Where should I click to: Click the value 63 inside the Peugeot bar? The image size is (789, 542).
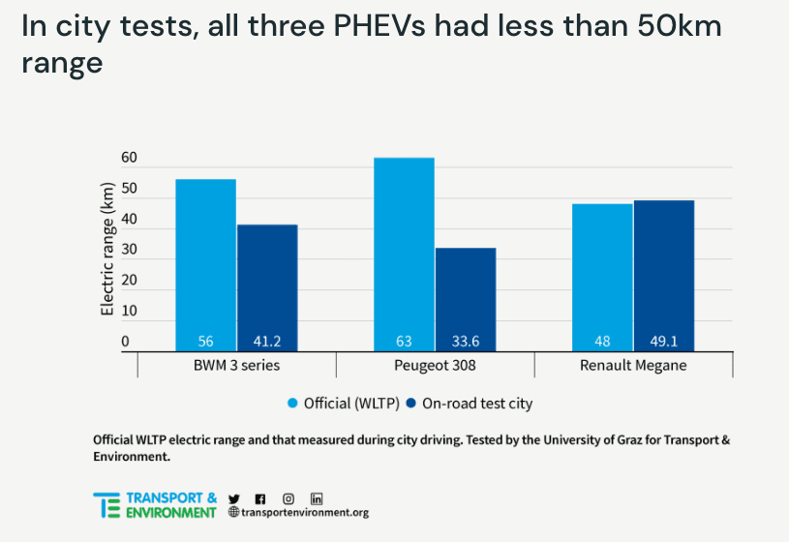pyautogui.click(x=404, y=342)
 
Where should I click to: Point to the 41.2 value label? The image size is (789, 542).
pyautogui.click(x=267, y=342)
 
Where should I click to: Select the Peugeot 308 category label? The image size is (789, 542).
pyautogui.click(x=435, y=366)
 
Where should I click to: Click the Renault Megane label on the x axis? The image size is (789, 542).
pyautogui.click(x=633, y=366)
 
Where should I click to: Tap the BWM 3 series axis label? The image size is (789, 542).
pyautogui.click(x=237, y=366)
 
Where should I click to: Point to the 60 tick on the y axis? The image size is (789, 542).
pyautogui.click(x=129, y=158)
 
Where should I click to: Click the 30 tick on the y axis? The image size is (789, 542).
pyautogui.click(x=129, y=250)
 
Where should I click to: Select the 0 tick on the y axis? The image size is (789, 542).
pyautogui.click(x=125, y=342)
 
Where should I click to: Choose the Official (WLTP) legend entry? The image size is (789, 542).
pyautogui.click(x=339, y=403)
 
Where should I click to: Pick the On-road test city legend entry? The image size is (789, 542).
pyautogui.click(x=469, y=403)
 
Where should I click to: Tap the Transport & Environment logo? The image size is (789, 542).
pyautogui.click(x=155, y=505)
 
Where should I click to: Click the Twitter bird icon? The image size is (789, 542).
pyautogui.click(x=233, y=497)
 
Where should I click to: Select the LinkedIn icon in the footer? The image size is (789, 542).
pyautogui.click(x=317, y=497)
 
